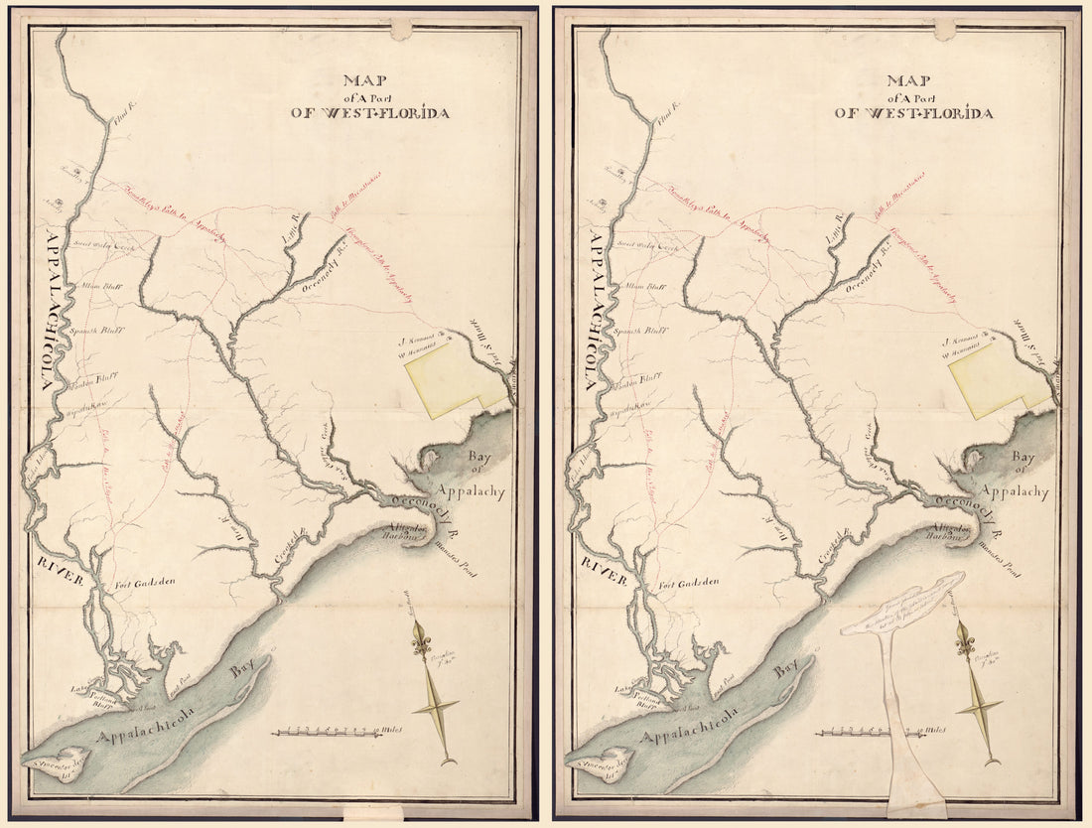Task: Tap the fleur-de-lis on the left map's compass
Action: coord(421,643)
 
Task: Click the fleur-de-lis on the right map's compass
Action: coord(964,643)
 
